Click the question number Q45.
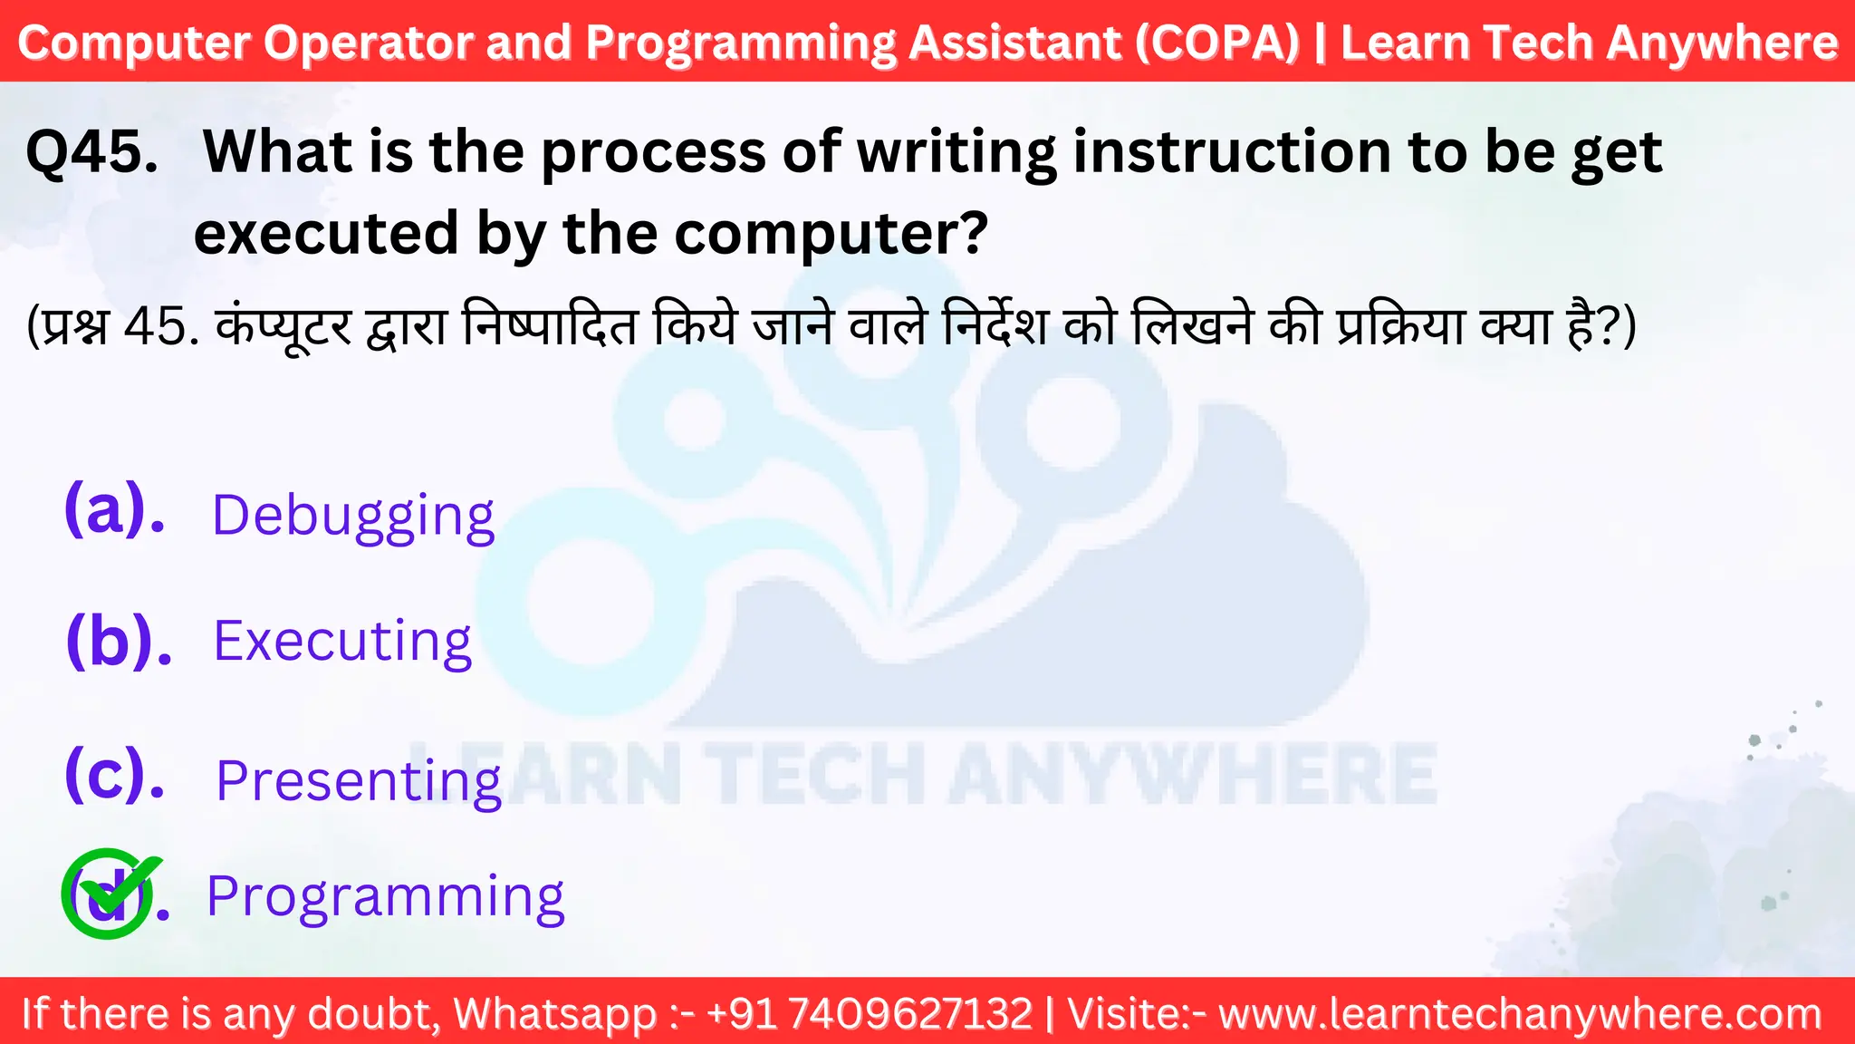(91, 151)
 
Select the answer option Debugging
(352, 517)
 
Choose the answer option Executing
(342, 642)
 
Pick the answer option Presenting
(358, 780)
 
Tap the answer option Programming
(385, 896)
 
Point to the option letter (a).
(114, 509)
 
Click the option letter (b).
(119, 641)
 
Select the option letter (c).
(114, 775)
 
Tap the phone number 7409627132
(910, 1013)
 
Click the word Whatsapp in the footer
(555, 1013)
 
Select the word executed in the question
(326, 233)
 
